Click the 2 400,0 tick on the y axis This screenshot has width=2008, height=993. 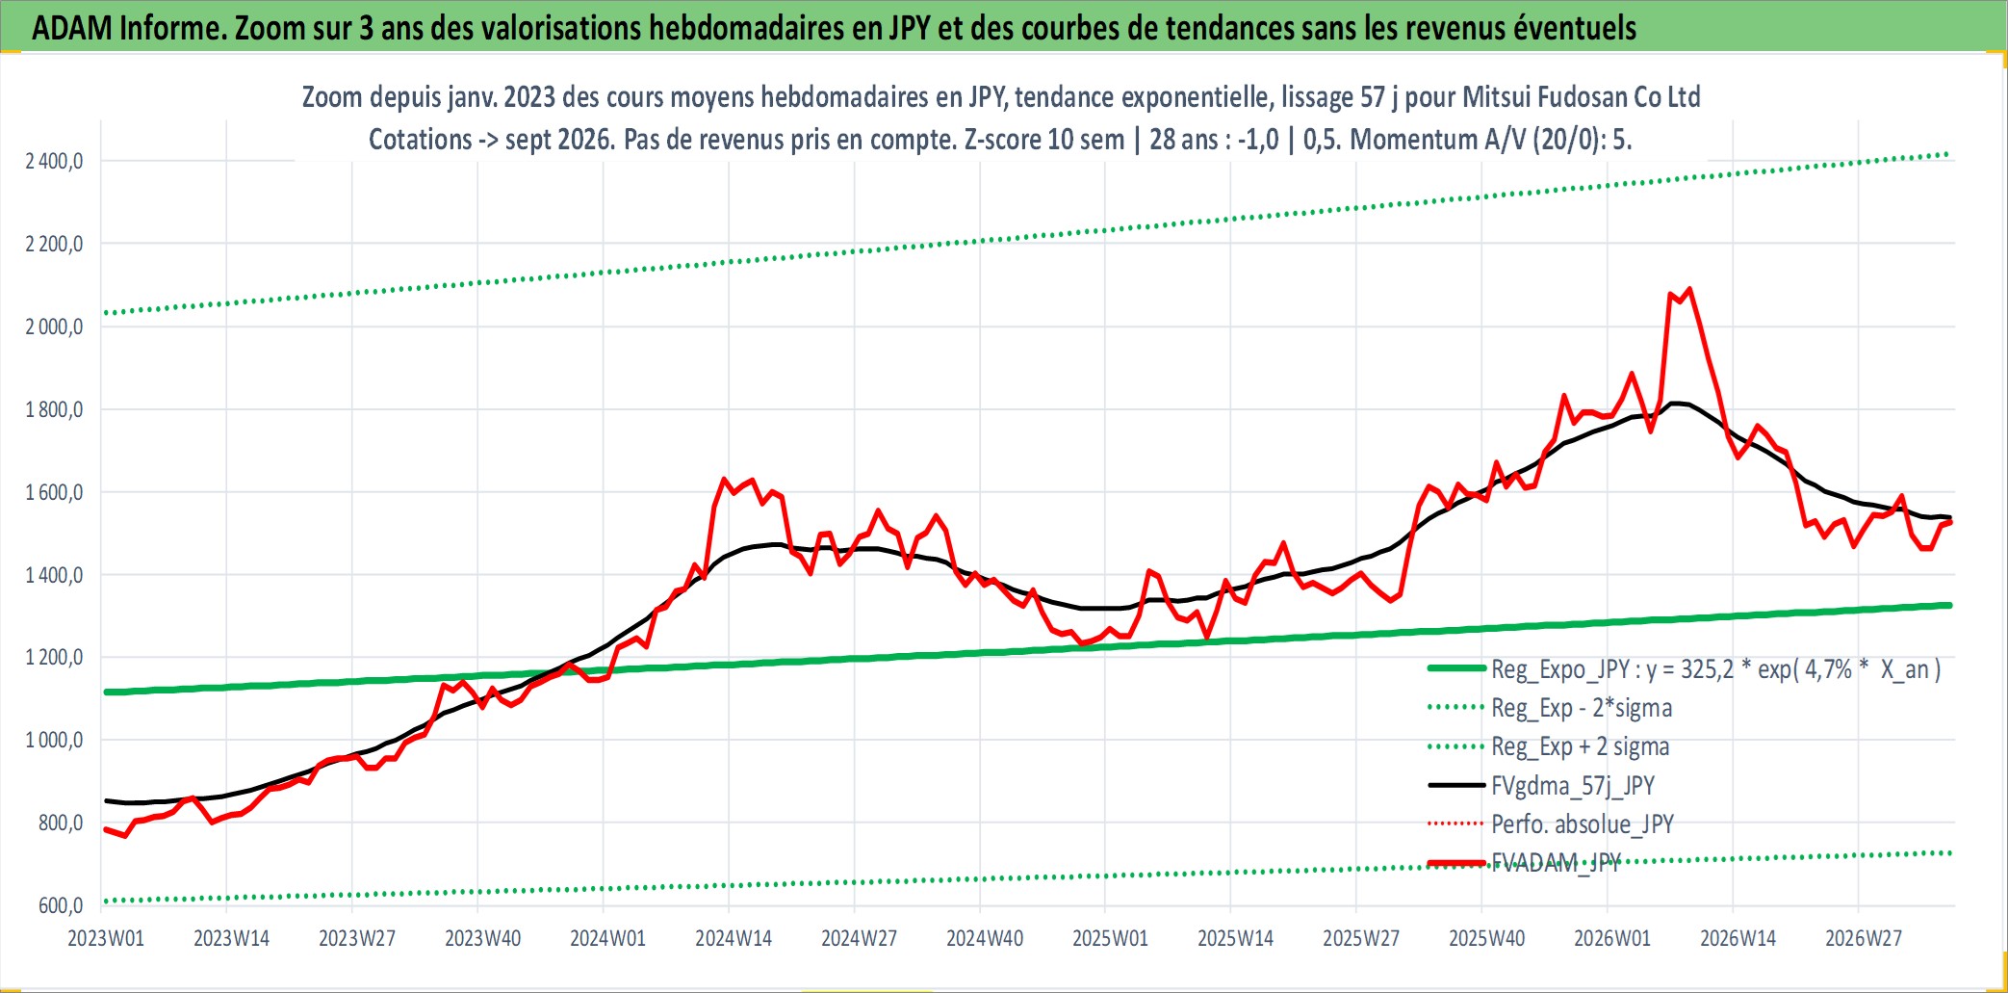[x=54, y=161]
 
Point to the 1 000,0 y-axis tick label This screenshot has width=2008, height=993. [x=54, y=741]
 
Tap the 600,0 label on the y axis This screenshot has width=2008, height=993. [x=61, y=905]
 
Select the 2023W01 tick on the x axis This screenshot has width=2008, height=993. [x=106, y=938]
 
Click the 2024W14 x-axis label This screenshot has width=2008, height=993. [x=734, y=938]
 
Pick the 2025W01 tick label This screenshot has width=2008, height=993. [x=1110, y=938]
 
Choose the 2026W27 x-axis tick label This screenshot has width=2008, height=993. [x=1864, y=938]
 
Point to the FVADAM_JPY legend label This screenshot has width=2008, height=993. [x=1557, y=862]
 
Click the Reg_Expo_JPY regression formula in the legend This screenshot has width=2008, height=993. [x=1715, y=669]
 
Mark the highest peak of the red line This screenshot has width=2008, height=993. [x=1689, y=289]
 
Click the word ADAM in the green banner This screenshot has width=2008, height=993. [x=72, y=28]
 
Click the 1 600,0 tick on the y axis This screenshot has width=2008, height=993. [x=54, y=492]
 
